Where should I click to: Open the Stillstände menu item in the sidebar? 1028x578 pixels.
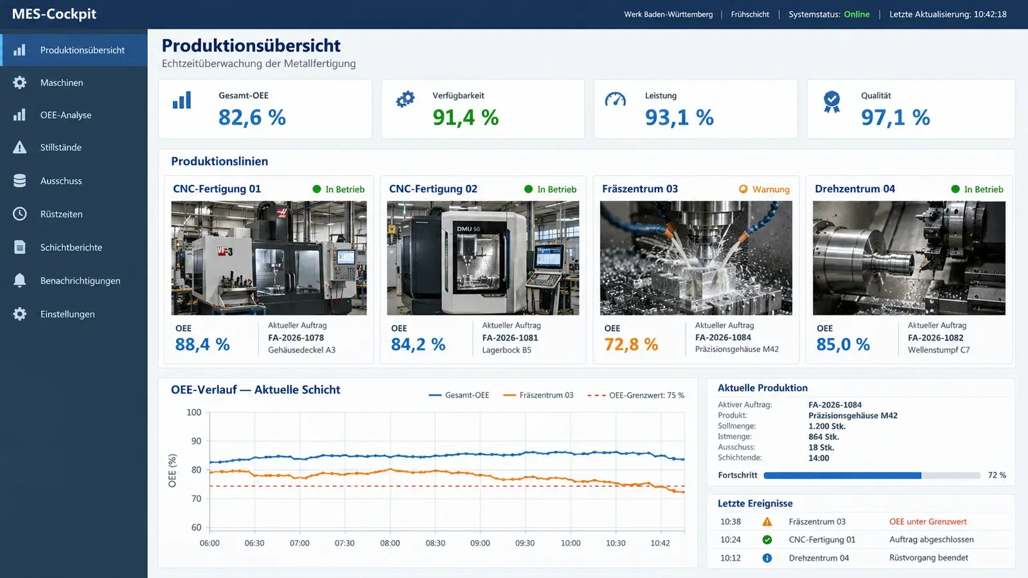pyautogui.click(x=60, y=147)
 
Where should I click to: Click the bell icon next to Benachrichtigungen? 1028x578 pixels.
pyautogui.click(x=20, y=280)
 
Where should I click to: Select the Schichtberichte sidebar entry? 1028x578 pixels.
pyautogui.click(x=71, y=247)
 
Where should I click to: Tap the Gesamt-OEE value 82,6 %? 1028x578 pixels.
pyautogui.click(x=252, y=118)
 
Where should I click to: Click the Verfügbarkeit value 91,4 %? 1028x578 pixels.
pyautogui.click(x=465, y=118)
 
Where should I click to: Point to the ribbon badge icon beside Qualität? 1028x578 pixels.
pyautogui.click(x=831, y=101)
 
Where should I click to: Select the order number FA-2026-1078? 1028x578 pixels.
pyautogui.click(x=296, y=338)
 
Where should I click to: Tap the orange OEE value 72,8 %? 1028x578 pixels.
pyautogui.click(x=631, y=344)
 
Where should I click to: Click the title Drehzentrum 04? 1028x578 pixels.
pyautogui.click(x=855, y=189)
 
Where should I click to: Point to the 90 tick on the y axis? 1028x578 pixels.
pyautogui.click(x=193, y=441)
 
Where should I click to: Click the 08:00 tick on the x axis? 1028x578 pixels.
pyautogui.click(x=390, y=543)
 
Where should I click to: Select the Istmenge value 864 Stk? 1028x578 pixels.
pyautogui.click(x=823, y=437)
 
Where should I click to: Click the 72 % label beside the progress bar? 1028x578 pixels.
pyautogui.click(x=997, y=475)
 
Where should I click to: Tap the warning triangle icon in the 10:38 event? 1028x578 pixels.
pyautogui.click(x=767, y=521)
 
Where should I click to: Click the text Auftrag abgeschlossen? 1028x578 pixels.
pyautogui.click(x=931, y=539)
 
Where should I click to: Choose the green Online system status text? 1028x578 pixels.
pyautogui.click(x=856, y=14)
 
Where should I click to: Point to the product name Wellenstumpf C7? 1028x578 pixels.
pyautogui.click(x=939, y=350)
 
